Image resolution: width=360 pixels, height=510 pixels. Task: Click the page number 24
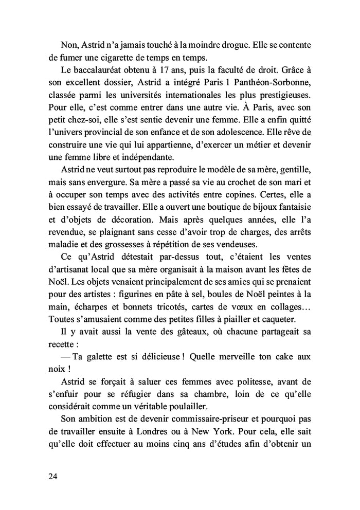click(x=52, y=477)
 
